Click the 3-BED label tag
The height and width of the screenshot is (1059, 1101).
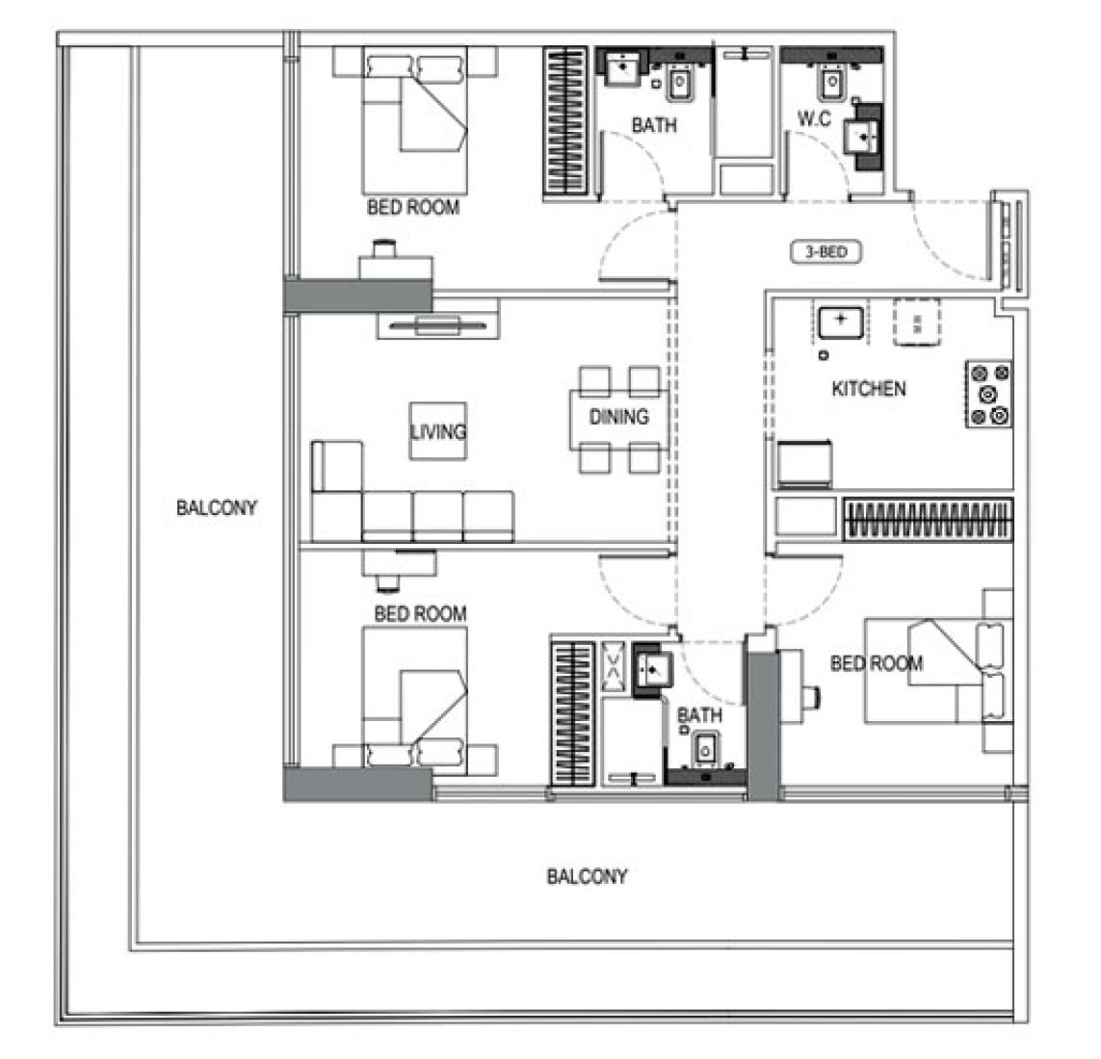[826, 253]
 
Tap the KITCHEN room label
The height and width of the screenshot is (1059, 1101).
[868, 389]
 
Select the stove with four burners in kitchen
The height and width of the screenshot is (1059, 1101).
[988, 394]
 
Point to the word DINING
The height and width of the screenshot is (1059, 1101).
[618, 416]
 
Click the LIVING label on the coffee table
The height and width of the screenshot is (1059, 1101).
[438, 430]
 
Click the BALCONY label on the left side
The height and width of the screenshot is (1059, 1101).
[217, 507]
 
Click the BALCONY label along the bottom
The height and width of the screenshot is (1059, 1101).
[587, 876]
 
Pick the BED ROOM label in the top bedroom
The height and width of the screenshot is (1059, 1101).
[413, 207]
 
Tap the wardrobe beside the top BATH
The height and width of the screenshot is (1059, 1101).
[564, 123]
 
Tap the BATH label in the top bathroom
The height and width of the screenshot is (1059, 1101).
[653, 125]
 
